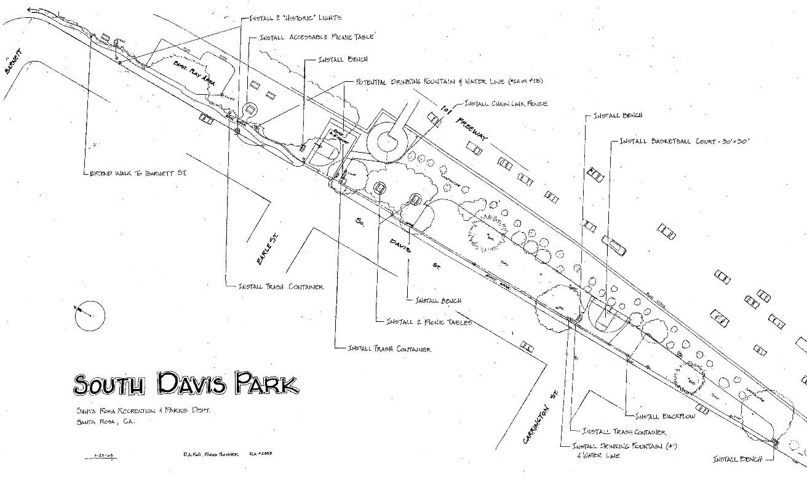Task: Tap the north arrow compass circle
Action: click(x=90, y=316)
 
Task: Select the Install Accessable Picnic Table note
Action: click(x=316, y=38)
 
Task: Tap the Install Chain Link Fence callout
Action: click(x=506, y=103)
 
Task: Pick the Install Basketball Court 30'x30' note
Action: click(x=684, y=141)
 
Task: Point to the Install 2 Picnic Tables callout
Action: click(x=428, y=322)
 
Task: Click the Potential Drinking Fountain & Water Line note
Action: click(x=449, y=81)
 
